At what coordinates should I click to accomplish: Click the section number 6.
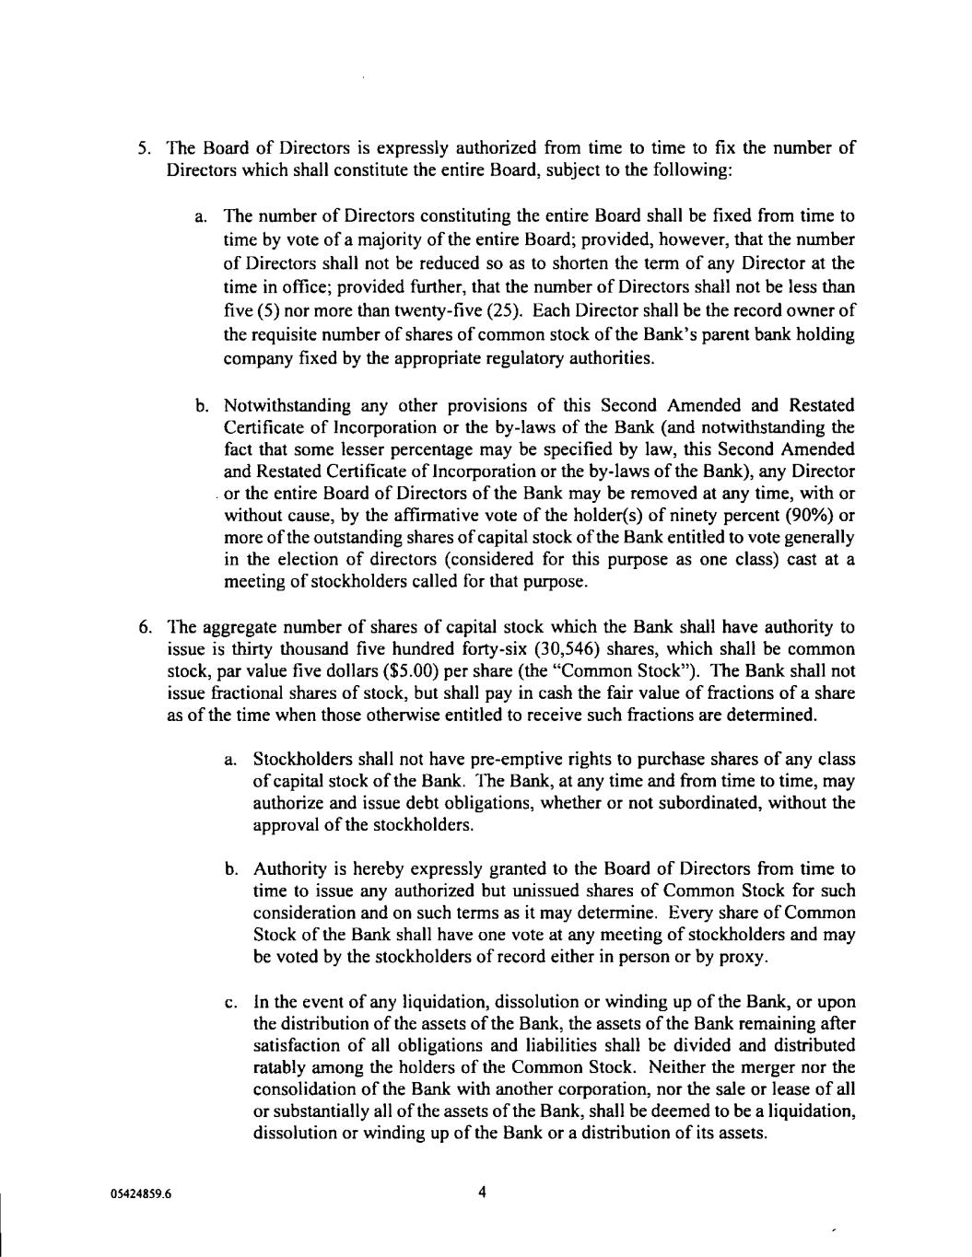pos(144,628)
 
